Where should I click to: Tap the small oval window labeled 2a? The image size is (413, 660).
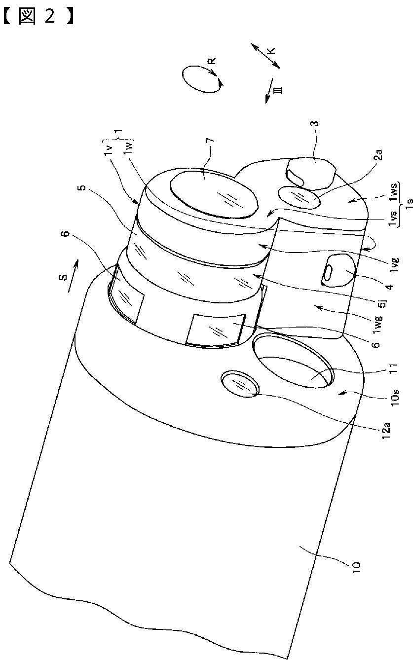pyautogui.click(x=299, y=198)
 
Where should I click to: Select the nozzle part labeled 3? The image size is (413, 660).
pyautogui.click(x=311, y=173)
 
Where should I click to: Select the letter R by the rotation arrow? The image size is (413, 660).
pyautogui.click(x=211, y=62)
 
